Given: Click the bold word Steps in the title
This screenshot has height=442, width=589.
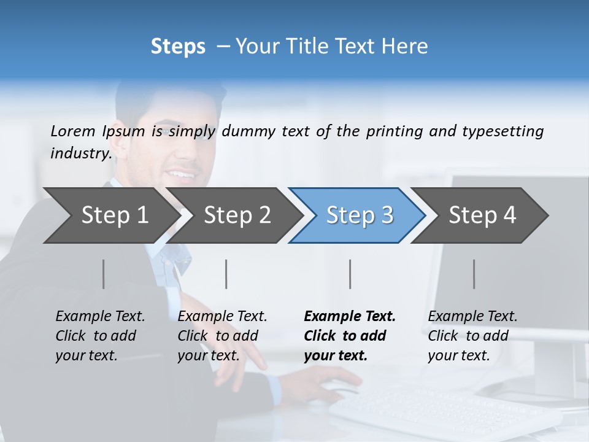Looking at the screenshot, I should (178, 47).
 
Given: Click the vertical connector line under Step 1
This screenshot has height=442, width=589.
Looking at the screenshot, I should (104, 274).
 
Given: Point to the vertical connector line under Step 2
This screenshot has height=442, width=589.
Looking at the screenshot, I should (226, 274).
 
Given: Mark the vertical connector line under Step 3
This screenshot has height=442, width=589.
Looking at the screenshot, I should (350, 274).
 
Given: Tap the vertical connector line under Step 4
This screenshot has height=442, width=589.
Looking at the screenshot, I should (474, 274).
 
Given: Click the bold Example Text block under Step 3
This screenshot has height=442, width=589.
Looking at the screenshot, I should (350, 336).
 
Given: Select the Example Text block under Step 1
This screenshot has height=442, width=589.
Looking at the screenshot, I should (100, 336).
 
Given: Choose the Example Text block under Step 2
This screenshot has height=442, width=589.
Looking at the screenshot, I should (222, 336).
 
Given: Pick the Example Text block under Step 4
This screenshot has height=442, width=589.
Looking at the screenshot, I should (472, 336).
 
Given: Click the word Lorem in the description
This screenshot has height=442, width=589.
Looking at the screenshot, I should (73, 131).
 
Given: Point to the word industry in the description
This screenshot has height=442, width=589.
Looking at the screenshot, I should (81, 153).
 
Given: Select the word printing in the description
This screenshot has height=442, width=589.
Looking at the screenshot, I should (396, 131).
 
